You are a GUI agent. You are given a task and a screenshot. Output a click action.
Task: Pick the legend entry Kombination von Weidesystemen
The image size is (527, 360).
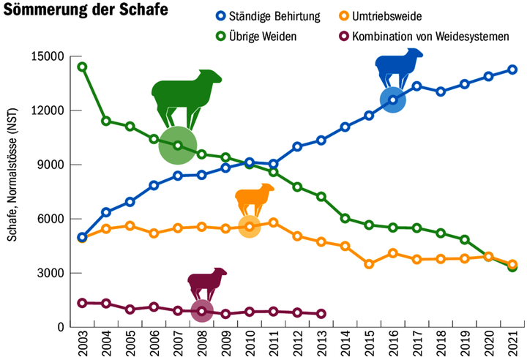430,36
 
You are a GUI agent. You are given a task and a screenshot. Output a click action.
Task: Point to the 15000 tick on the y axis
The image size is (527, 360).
50,56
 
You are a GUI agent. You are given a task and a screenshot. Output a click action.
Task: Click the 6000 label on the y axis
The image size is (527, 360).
53,219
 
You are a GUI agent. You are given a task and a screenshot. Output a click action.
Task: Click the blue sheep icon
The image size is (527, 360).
400,68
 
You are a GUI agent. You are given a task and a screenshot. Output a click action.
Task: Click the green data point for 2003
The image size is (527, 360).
83,67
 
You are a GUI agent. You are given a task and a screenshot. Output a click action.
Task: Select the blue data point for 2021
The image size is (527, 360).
512,70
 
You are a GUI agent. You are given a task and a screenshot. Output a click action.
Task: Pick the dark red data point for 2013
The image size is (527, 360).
321,314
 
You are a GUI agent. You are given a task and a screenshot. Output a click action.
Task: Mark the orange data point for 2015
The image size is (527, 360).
369,264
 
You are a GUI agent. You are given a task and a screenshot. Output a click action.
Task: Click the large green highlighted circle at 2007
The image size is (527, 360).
178,146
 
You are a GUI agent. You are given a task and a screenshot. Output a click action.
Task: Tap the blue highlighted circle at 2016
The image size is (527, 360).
393,100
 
